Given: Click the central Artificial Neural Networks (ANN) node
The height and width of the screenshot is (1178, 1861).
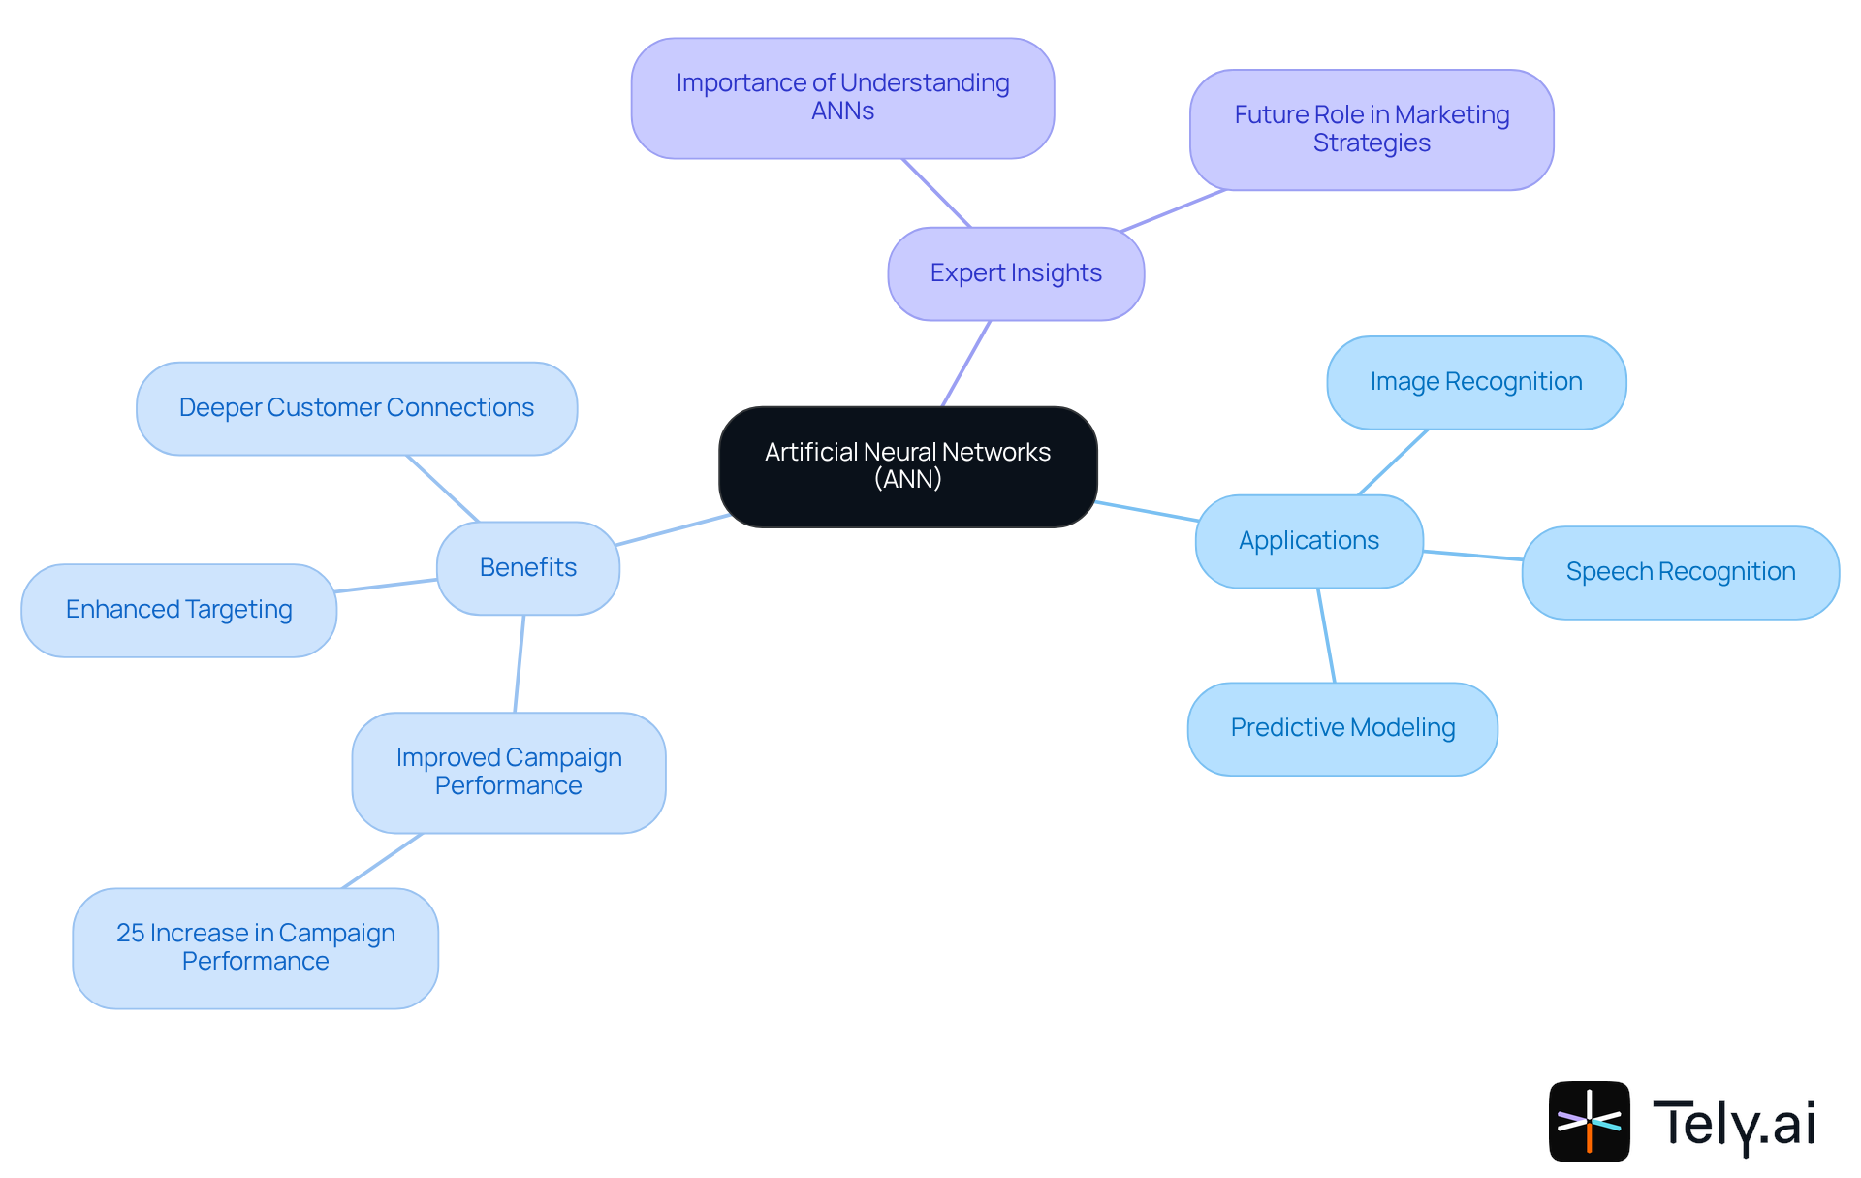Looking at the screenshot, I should tap(907, 466).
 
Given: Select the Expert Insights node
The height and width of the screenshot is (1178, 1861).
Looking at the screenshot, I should tap(1016, 273).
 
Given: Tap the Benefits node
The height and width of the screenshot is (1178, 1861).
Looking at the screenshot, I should tap(527, 567).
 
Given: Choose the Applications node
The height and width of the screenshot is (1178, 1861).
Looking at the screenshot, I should tap(1309, 541).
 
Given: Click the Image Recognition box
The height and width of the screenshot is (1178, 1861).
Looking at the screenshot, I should tap(1475, 382).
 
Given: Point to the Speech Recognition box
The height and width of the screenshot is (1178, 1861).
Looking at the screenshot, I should tap(1680, 572).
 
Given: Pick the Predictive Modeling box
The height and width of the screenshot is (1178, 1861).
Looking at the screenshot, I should tap(1342, 728).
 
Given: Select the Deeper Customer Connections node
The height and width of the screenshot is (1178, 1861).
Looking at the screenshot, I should tap(356, 408).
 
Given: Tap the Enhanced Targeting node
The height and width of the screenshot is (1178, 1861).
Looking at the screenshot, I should tap(178, 610).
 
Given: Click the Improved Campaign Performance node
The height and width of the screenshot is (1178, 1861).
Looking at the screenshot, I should tap(508, 772).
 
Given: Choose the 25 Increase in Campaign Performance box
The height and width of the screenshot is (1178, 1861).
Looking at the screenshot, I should tap(255, 947).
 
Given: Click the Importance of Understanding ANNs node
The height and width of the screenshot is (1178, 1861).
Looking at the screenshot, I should tap(842, 98).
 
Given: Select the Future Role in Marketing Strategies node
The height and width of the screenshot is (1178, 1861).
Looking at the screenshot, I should tap(1371, 129).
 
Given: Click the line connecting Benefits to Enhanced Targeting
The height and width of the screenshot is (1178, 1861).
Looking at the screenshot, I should tap(386, 586).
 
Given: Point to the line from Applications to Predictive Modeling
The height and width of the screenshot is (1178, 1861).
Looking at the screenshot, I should tap(1326, 635).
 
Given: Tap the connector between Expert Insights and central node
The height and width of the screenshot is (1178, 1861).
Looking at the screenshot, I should tap(966, 364).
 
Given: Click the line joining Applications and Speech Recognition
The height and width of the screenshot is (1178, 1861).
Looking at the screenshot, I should tap(1472, 556).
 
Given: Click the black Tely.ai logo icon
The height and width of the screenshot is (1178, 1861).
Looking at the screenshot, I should tap(1589, 1122).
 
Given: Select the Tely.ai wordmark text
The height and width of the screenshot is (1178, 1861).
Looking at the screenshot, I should tap(1733, 1124).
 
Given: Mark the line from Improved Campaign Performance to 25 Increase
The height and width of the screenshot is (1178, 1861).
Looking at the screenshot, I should tap(383, 860).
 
